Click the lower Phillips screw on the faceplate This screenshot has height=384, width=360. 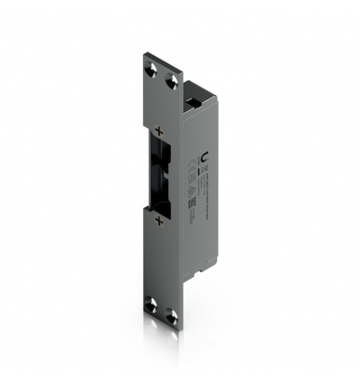pyautogui.click(x=158, y=220)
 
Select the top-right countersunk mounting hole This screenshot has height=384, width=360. pyautogui.click(x=172, y=80)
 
